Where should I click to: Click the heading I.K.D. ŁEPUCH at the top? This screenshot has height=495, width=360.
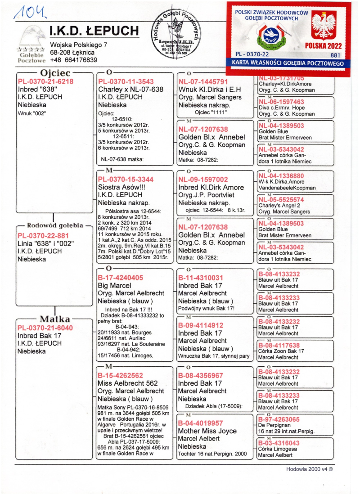click(94, 31)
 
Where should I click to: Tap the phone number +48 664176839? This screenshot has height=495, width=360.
click(73, 60)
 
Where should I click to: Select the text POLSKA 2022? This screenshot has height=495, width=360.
click(323, 46)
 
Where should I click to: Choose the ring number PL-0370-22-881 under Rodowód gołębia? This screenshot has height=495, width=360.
click(43, 236)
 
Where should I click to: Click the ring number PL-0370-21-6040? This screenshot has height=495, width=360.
click(45, 328)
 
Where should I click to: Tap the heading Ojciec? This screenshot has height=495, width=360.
click(54, 73)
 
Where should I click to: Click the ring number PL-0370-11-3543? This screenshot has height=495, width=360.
click(126, 82)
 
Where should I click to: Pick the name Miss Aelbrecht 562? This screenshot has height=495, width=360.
click(126, 383)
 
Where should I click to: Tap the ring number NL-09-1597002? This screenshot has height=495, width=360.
click(203, 180)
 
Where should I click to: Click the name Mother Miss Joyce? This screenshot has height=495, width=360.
click(207, 431)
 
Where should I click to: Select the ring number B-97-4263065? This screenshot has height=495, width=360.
click(279, 419)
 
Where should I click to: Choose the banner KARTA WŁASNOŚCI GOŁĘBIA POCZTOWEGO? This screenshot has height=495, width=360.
click(288, 63)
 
